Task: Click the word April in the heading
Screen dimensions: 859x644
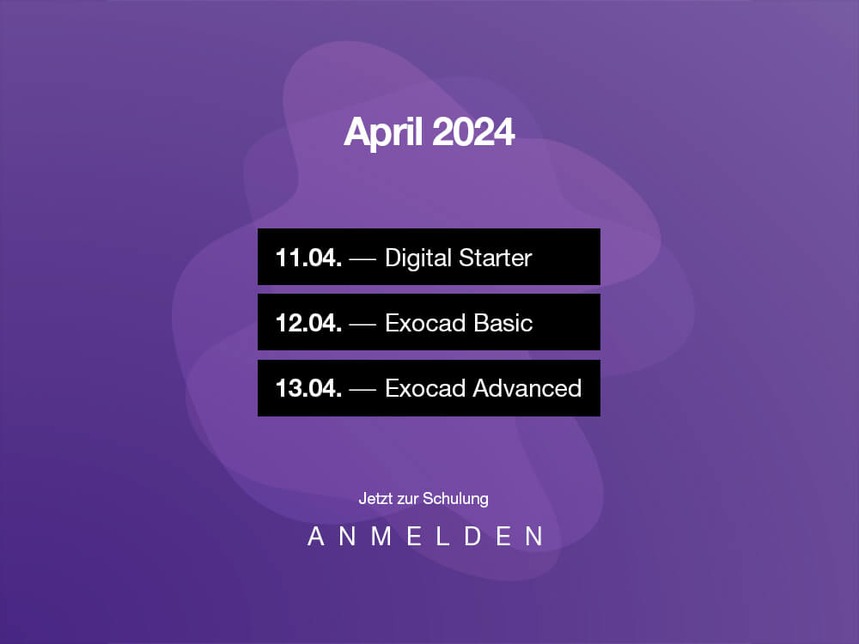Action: point(383,132)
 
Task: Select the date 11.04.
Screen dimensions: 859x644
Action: point(308,258)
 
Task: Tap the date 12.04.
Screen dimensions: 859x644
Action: point(308,323)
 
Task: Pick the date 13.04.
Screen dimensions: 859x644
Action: point(308,388)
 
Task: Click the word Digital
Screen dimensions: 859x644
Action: point(418,258)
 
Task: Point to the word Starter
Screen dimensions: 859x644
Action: point(496,258)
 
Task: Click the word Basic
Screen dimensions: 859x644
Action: point(503,323)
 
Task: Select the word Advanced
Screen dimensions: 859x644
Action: point(527,388)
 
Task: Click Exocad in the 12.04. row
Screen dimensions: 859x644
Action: point(426,323)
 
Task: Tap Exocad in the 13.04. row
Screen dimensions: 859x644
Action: point(426,388)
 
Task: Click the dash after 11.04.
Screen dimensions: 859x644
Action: point(362,259)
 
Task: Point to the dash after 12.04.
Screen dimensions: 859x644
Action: point(362,325)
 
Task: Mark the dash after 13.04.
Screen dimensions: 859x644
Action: point(362,389)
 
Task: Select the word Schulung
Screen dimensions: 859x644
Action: point(455,499)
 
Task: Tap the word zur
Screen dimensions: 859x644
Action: point(407,500)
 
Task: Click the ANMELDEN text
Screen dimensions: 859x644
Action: point(425,536)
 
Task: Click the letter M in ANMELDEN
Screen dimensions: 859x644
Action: point(381,536)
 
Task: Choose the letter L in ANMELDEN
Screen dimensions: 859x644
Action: point(442,536)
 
